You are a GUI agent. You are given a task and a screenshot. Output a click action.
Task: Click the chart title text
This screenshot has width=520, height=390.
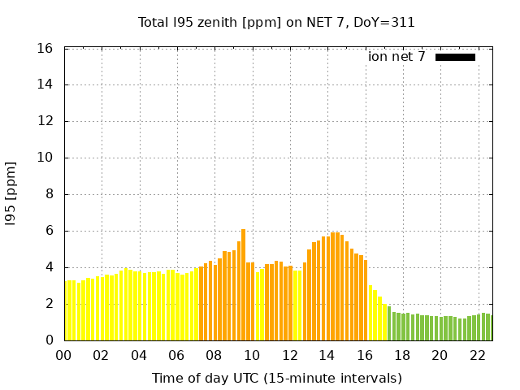coord(276,22)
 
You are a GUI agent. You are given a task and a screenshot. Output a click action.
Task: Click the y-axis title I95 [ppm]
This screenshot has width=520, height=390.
coord(11,193)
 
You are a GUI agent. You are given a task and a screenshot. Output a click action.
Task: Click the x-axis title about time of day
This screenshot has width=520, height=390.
coord(276,378)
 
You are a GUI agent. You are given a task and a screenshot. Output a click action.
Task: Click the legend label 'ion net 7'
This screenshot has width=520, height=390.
coord(396,57)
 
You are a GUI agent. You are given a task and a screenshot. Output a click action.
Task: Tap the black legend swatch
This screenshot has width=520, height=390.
coord(455,57)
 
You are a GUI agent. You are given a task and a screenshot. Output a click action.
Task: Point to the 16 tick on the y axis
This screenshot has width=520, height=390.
coord(46,49)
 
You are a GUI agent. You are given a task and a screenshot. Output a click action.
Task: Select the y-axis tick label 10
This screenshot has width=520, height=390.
coord(46,158)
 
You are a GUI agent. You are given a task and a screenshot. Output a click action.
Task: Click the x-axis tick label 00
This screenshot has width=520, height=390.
coord(63,356)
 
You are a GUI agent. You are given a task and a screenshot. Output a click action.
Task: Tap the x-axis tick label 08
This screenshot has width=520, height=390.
coord(214,356)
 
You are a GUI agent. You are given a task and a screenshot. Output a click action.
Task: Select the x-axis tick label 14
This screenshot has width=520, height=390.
coord(327,356)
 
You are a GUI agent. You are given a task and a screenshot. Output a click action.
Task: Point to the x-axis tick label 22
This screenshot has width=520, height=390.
coord(477,356)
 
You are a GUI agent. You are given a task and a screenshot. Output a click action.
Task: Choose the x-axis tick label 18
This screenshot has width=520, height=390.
coord(401,356)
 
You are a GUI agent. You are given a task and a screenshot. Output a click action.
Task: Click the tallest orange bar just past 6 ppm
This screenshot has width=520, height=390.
coord(243,284)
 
